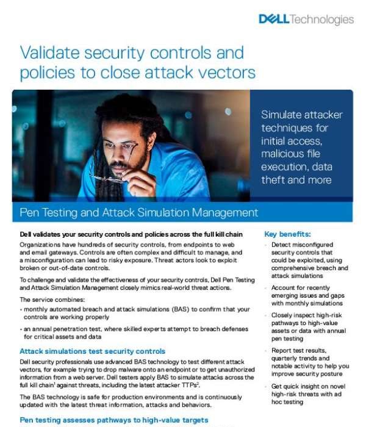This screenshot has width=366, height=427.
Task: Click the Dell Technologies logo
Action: (x=306, y=20)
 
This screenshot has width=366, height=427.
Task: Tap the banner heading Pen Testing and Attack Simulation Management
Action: (x=139, y=213)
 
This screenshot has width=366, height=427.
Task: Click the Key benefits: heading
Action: (x=287, y=234)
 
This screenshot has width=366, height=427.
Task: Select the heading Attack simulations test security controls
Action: (x=92, y=351)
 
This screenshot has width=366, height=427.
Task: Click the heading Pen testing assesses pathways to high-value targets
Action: (x=113, y=420)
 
